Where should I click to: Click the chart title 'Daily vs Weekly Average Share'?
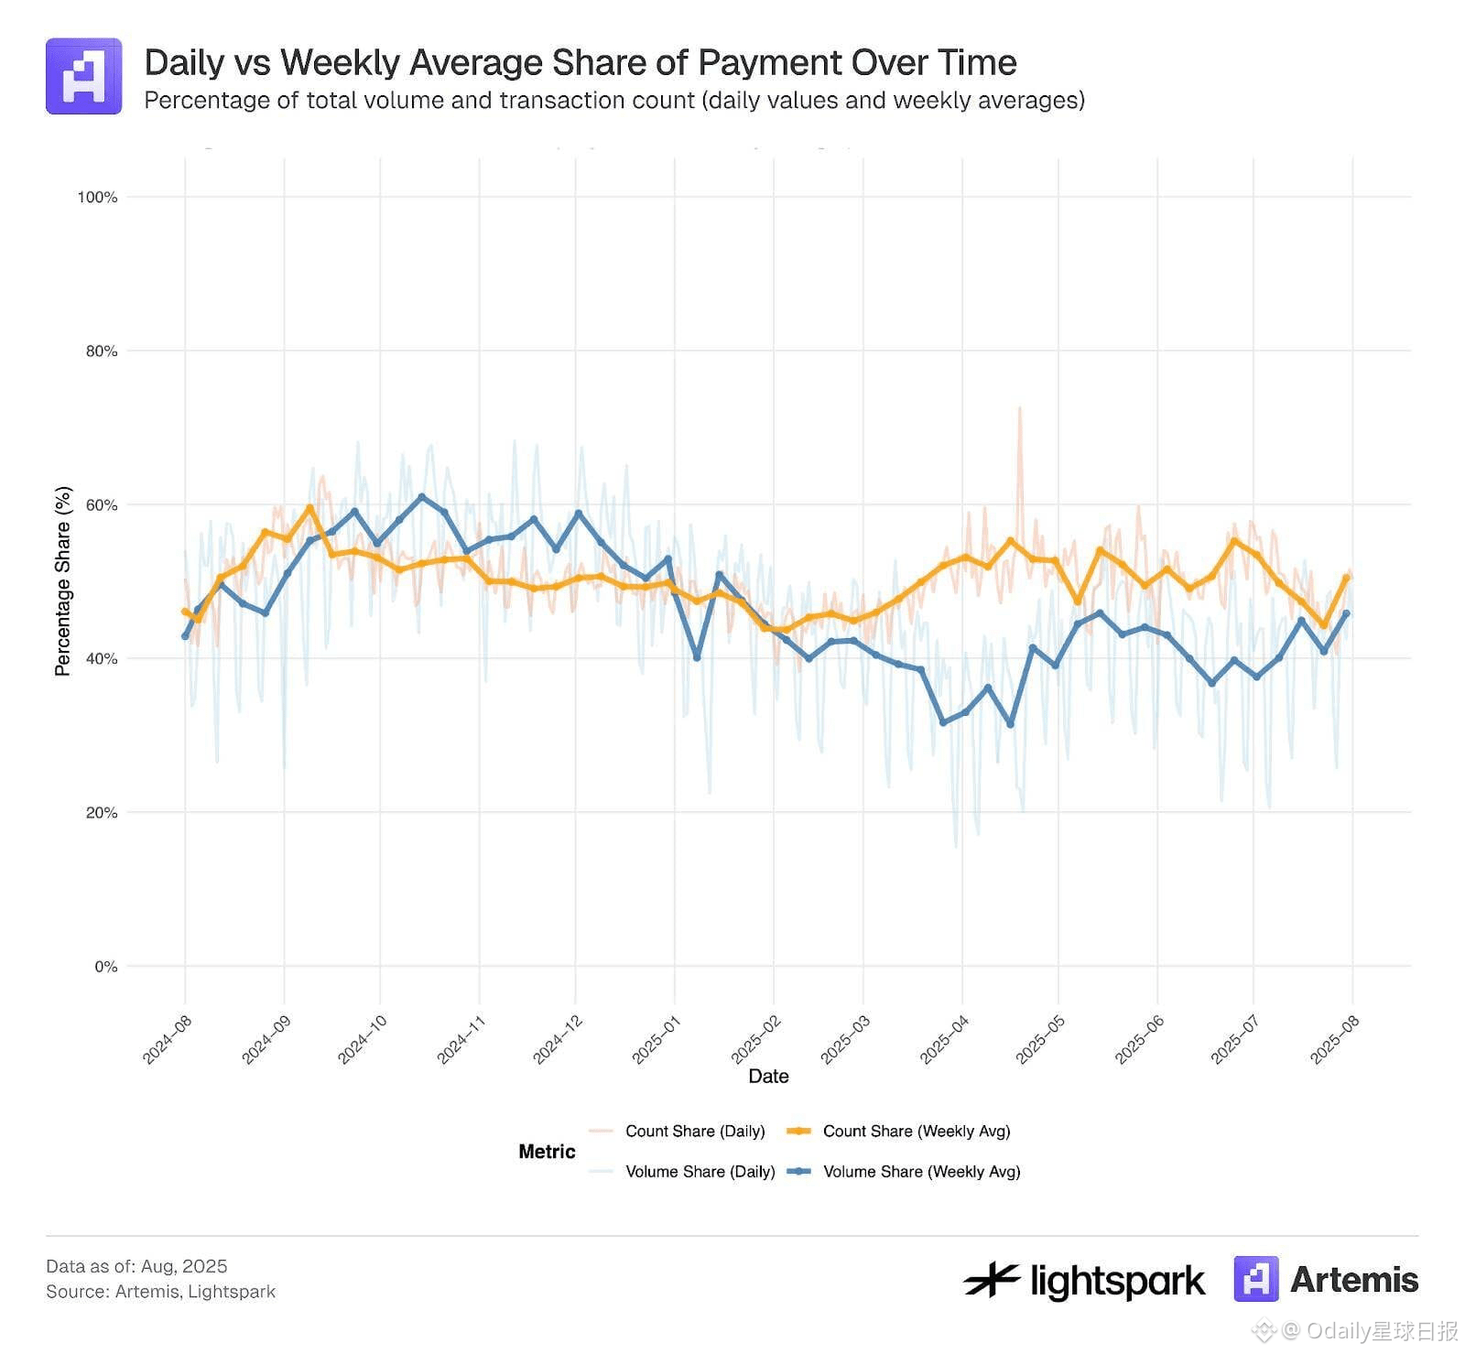(x=581, y=62)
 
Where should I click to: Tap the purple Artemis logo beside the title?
(x=83, y=76)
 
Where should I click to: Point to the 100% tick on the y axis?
(x=97, y=197)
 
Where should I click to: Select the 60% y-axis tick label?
(x=101, y=505)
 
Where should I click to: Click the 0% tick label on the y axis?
(x=105, y=967)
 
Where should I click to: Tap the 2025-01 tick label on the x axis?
(x=656, y=1040)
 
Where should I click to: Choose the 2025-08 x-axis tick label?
(x=1334, y=1040)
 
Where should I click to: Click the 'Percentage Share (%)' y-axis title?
(x=62, y=581)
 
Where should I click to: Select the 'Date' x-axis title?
(x=768, y=1076)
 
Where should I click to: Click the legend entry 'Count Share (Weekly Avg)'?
(x=916, y=1131)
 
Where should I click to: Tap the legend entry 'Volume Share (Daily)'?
(x=700, y=1171)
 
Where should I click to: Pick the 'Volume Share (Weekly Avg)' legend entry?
(x=921, y=1171)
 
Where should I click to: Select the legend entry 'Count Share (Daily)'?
(x=695, y=1131)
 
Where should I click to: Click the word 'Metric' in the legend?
(x=547, y=1151)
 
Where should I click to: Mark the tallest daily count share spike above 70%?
(x=1019, y=408)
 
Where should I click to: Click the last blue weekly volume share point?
(x=1345, y=613)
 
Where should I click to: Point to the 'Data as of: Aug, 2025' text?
(x=136, y=1266)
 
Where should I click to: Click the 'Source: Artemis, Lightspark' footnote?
(x=160, y=1291)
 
